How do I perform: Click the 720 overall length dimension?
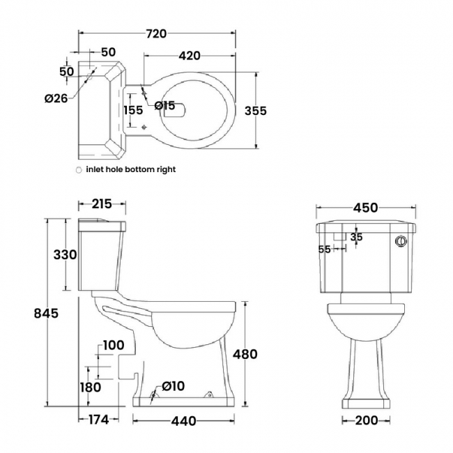click(156, 34)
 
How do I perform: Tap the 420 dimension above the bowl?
click(190, 56)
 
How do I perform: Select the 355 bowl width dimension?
click(255, 111)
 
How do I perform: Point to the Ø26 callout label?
click(56, 98)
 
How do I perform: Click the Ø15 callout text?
click(164, 105)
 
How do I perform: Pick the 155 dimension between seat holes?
click(133, 110)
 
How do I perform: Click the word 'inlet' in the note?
click(94, 169)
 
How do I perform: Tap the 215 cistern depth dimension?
click(102, 204)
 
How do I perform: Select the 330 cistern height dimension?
click(65, 255)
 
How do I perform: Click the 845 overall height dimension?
click(46, 313)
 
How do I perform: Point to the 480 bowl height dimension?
click(245, 354)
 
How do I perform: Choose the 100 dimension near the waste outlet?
click(114, 345)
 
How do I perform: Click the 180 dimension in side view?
click(91, 387)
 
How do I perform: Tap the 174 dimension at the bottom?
click(98, 420)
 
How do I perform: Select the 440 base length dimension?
click(183, 421)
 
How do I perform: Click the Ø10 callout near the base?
click(173, 386)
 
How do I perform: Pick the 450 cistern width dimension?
click(365, 208)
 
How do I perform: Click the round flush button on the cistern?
click(401, 241)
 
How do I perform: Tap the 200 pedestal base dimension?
click(367, 421)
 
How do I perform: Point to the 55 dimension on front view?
click(324, 249)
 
